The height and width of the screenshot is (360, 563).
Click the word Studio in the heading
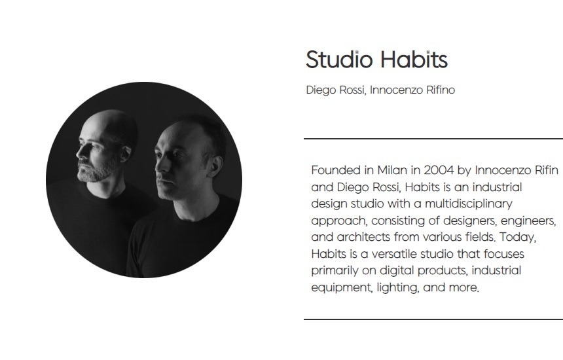point(339,59)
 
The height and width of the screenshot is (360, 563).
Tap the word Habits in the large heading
point(414,59)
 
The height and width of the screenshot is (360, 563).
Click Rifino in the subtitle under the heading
point(441,90)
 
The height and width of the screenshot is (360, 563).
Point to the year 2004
point(439,170)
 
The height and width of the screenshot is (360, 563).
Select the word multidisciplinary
point(469,204)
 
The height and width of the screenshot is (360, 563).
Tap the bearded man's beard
point(96,171)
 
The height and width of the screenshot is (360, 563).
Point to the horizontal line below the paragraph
point(433,319)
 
